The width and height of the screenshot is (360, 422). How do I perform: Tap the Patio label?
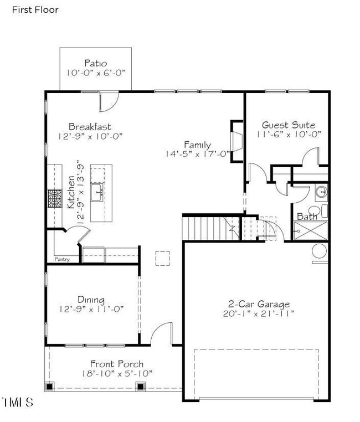point(95,63)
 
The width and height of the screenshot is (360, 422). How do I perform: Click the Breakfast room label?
point(90,126)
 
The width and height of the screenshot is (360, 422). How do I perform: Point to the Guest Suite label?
point(289,125)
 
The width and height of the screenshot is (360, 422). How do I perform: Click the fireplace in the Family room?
point(235,141)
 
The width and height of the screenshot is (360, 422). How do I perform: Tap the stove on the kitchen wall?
point(55,198)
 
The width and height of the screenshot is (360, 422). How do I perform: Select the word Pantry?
point(62,259)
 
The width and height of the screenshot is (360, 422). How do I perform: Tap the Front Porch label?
point(117,364)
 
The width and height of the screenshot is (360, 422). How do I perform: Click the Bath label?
point(307,216)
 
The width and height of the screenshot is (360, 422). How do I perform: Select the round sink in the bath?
point(322,192)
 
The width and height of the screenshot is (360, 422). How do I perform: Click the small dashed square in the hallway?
point(162,258)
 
